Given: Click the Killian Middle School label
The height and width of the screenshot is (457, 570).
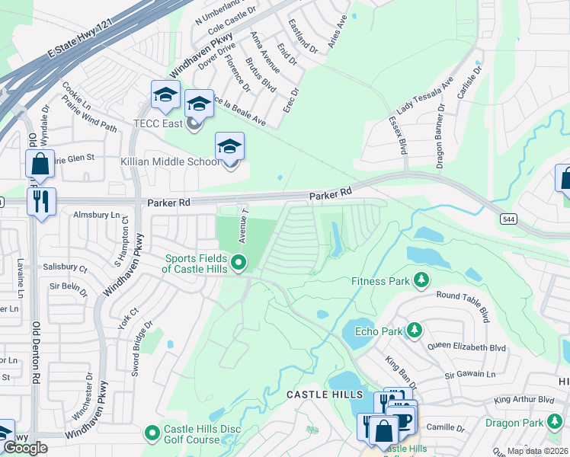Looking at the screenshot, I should pos(170,162).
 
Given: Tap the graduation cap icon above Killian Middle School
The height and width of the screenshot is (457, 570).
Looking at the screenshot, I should pos(229,145).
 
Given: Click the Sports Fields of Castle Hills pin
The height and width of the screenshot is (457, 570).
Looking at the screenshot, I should pos(239,264).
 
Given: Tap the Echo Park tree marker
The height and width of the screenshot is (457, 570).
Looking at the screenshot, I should pos(414,330).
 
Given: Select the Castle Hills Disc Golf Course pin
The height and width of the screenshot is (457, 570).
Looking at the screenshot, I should pos(152,433).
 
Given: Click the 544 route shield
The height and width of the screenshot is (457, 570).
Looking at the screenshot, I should pos(509,219).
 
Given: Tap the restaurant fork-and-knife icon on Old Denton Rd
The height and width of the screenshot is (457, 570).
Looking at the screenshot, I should pos(40,203).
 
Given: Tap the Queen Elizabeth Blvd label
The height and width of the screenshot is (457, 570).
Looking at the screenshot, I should pos(467,347).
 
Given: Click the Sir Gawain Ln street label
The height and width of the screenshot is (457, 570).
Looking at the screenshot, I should pos(470,374).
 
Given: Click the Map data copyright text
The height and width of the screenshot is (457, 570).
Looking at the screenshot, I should pos(536,451).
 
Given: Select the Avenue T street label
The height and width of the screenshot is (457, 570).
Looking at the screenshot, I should pos(245,224).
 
